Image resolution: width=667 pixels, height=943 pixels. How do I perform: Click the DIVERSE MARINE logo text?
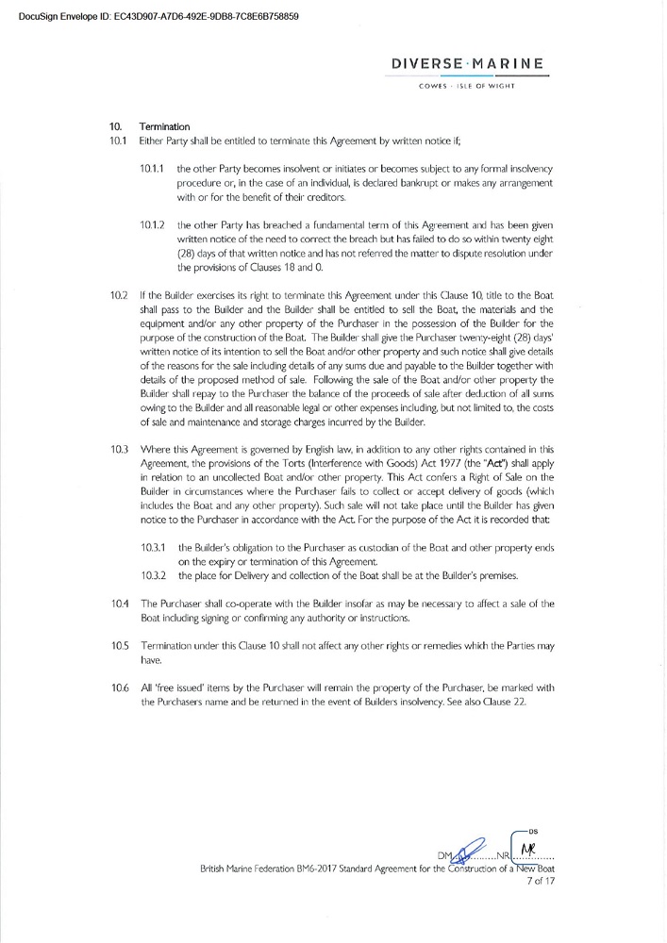pyautogui.click(x=467, y=65)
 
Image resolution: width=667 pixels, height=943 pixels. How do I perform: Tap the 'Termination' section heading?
pyautogui.click(x=164, y=126)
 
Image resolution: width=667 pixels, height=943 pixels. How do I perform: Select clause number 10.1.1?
pyautogui.click(x=153, y=168)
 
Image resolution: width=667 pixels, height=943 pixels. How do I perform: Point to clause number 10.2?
pyautogui.click(x=119, y=295)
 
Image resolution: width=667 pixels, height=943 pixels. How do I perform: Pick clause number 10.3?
pyautogui.click(x=119, y=450)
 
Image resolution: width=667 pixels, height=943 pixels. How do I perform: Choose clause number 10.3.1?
pyautogui.click(x=154, y=547)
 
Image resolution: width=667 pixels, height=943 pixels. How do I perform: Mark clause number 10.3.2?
pyautogui.click(x=154, y=575)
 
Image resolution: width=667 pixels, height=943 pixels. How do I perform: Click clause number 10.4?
pyautogui.click(x=119, y=603)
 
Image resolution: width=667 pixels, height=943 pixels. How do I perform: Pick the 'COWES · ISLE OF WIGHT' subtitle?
pyautogui.click(x=467, y=88)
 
